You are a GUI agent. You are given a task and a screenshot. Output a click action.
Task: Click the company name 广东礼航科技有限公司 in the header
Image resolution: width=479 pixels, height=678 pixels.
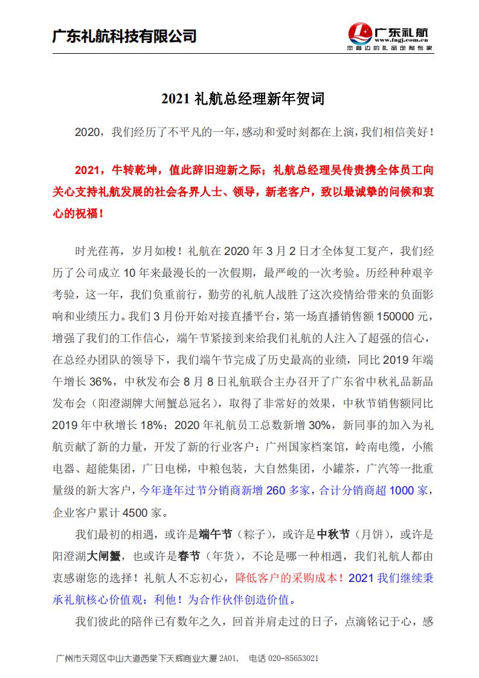click(x=125, y=36)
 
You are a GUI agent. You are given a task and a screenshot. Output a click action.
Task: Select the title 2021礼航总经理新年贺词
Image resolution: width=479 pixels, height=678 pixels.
click(x=239, y=98)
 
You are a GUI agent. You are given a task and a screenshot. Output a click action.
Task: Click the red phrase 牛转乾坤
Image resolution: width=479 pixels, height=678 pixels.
click(x=134, y=170)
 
